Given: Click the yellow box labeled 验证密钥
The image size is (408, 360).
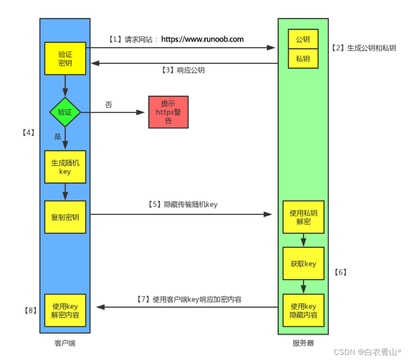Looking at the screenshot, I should click(x=65, y=58).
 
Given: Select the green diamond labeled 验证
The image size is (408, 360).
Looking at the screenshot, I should click(x=65, y=112).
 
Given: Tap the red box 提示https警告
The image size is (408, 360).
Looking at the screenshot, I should click(x=168, y=112).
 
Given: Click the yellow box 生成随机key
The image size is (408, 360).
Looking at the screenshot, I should click(x=65, y=167).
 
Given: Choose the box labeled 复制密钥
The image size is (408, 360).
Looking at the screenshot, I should click(x=65, y=217).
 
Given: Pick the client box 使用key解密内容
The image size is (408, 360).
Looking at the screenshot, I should click(x=65, y=310).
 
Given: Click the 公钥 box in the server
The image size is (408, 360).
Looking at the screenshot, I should click(x=303, y=39).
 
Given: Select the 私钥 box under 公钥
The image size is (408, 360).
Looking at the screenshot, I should click(x=303, y=59).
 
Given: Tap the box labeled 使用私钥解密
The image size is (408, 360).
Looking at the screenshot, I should click(x=303, y=217).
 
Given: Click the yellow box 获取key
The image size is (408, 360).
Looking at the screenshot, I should click(x=303, y=263).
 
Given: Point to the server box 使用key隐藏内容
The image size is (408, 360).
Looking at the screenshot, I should click(x=303, y=310).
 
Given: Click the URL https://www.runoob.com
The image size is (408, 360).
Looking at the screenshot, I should click(x=202, y=39).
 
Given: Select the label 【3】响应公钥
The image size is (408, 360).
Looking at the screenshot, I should click(x=183, y=70).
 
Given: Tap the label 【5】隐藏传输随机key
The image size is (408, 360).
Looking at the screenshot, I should click(x=183, y=205).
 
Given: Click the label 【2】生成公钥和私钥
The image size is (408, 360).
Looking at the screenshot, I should click(x=364, y=48).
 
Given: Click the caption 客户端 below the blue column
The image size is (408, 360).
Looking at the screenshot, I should click(x=65, y=343).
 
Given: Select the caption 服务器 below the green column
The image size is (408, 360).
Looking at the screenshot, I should click(x=303, y=343).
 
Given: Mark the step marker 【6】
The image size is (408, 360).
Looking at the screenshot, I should click(x=340, y=272).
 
